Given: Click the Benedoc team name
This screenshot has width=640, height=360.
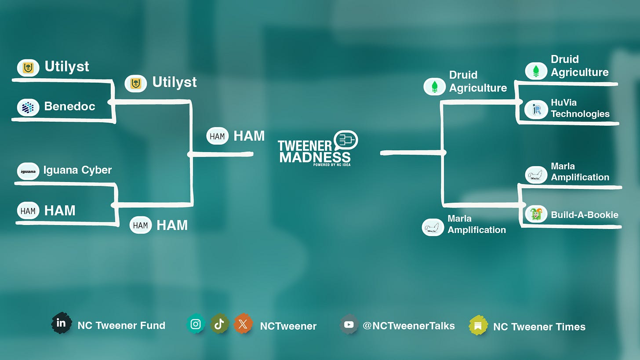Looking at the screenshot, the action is click(69, 106).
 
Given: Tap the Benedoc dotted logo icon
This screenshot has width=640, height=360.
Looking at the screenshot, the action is click(28, 107).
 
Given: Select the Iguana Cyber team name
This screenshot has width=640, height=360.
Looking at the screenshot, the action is click(77, 170).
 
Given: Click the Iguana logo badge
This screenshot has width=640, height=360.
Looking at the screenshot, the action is click(28, 171).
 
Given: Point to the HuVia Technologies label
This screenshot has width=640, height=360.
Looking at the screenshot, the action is click(580, 108).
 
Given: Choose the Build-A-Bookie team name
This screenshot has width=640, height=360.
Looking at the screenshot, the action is click(585, 215).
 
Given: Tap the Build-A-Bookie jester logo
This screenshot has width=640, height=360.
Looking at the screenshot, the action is click(536, 214).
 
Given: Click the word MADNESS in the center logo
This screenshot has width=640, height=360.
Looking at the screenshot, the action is click(315, 157).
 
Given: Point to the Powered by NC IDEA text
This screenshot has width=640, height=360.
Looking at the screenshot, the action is click(332, 165).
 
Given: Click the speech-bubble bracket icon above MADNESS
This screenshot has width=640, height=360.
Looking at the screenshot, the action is click(346, 140).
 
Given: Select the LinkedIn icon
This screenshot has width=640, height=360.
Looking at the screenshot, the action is click(61, 324).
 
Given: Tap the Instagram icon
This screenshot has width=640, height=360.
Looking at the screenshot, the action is click(196, 324).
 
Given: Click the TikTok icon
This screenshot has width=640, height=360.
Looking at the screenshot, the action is click(219, 324).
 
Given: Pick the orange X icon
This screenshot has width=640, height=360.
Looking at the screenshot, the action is click(243, 324).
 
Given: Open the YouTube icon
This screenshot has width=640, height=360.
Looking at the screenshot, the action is click(349, 325).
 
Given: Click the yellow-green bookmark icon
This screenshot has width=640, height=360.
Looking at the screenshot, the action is click(478, 326).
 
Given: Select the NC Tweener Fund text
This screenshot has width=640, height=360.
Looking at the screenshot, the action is click(121, 326).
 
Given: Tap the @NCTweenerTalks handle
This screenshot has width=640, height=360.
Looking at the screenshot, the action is click(408, 326).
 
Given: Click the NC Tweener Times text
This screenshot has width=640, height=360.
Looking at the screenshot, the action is click(539, 327).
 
